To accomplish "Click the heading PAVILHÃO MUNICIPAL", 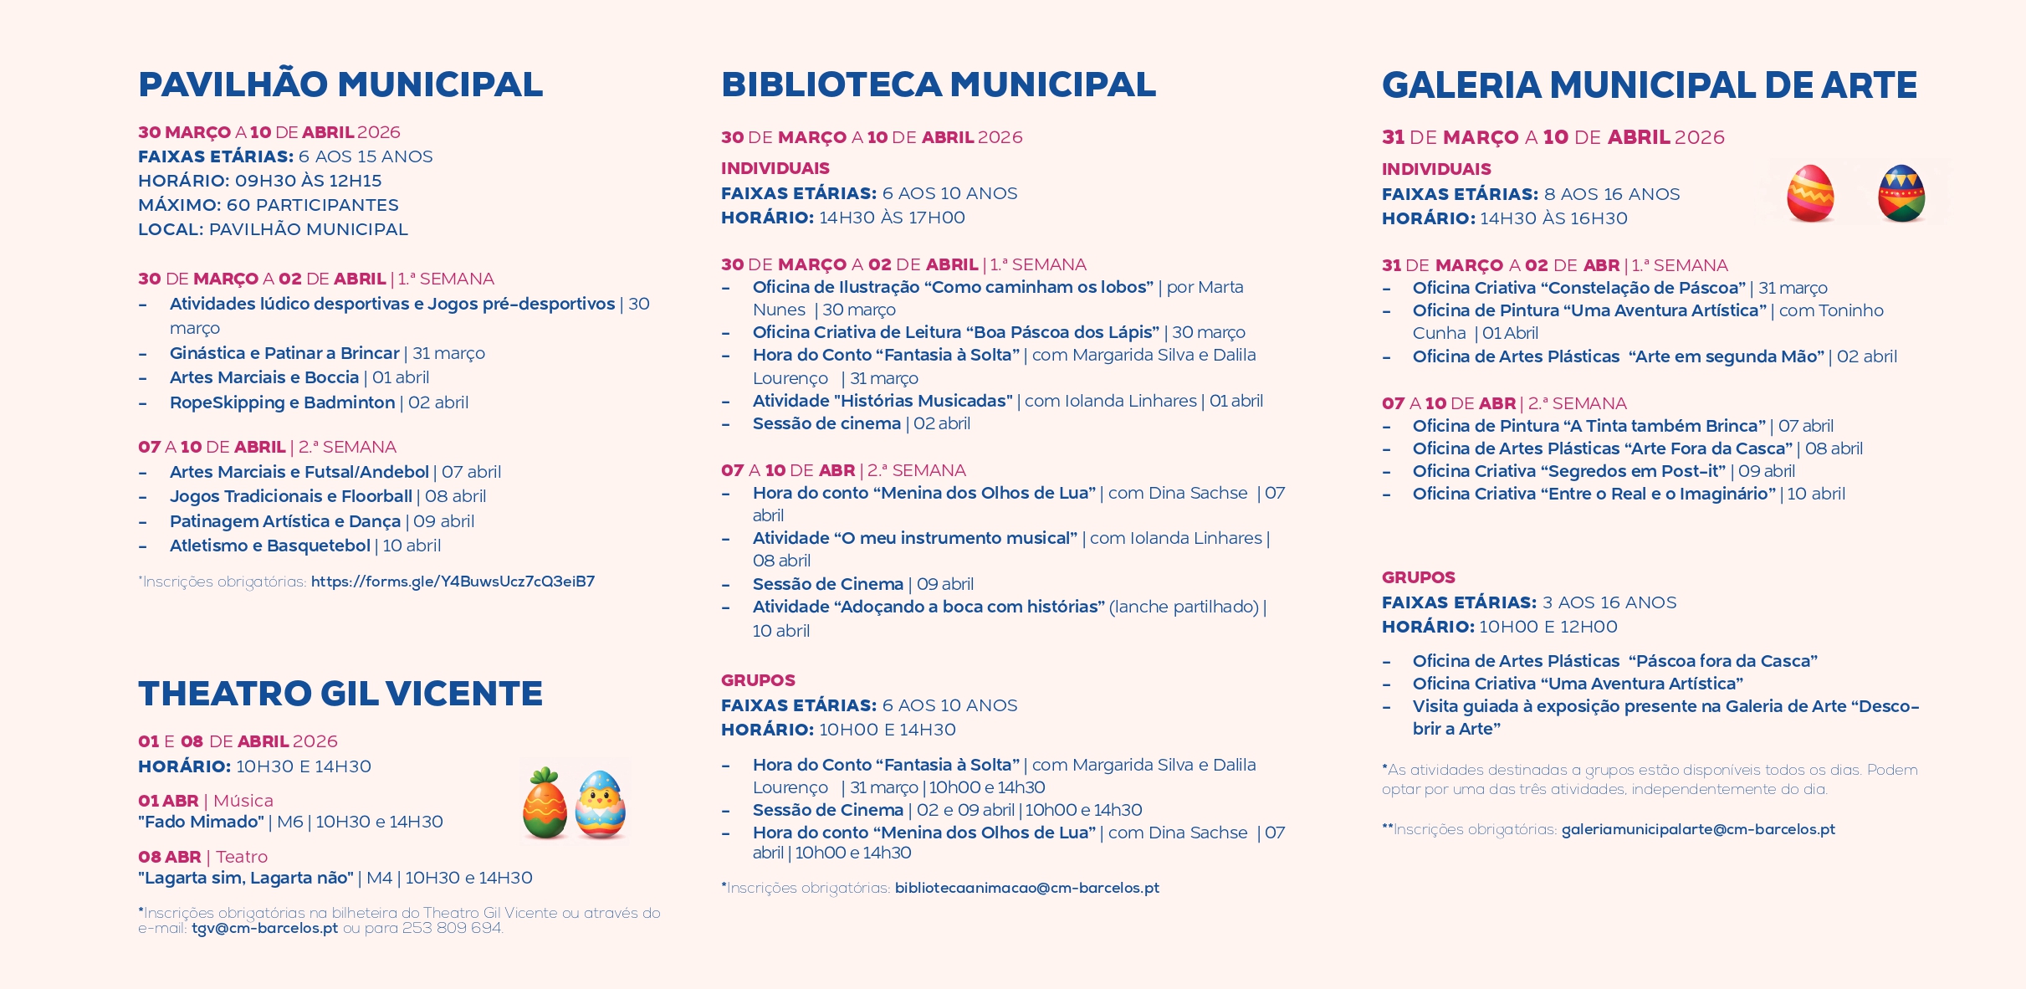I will pos(340,85).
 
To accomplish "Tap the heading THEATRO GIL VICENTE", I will pos(340,694).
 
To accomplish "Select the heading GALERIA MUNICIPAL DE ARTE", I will pos(1649,85).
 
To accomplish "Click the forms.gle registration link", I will pos(453,582).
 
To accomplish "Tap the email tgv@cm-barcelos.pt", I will pos(264,929).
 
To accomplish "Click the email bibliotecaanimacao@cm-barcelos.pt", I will pos(1026,888).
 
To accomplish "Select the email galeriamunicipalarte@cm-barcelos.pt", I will pos(1697,829).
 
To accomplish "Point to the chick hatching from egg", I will pos(601,804).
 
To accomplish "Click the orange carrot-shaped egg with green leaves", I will pos(545,804).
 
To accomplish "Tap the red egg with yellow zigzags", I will pos(1809,193).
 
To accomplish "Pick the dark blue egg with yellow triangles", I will pos(1901,193).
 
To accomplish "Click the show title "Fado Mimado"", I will pos(202,822).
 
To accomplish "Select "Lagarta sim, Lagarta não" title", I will pos(246,878).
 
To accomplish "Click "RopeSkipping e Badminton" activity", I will pos(282,402).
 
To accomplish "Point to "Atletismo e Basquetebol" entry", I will pos(269,546).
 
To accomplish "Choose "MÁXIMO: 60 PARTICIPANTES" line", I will pos(268,205).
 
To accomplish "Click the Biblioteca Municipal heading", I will pos(938,85).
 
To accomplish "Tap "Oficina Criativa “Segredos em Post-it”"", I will pos(1568,471).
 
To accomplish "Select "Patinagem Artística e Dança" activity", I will pos(284,521).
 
